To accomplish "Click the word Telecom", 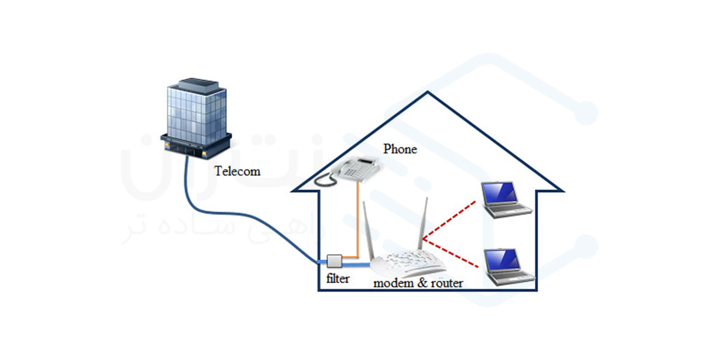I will pyautogui.click(x=238, y=172).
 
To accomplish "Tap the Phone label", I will pyautogui.click(x=400, y=149).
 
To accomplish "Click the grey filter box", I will pyautogui.click(x=334, y=261).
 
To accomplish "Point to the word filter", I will pyautogui.click(x=337, y=279).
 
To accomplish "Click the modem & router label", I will pyautogui.click(x=418, y=283).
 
